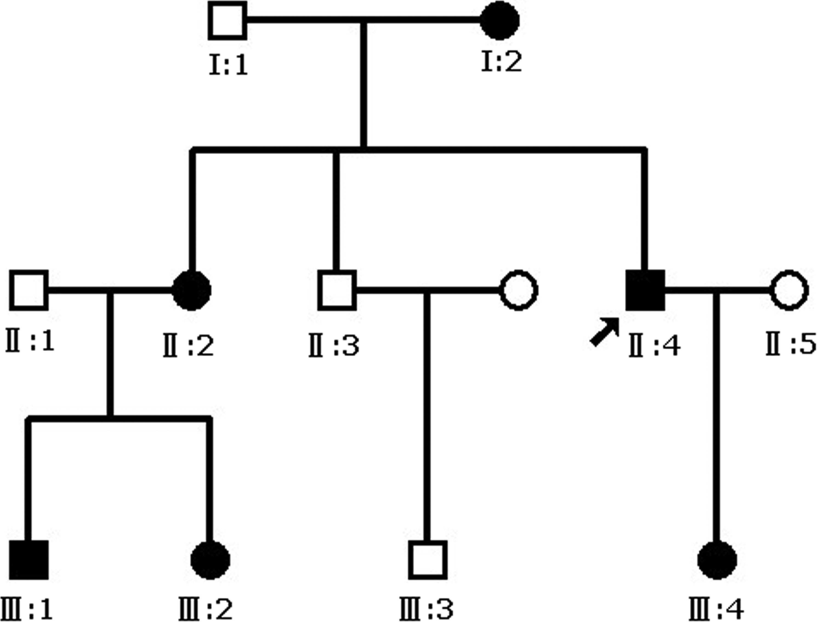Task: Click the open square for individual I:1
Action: click(x=227, y=20)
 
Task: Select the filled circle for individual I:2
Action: click(x=500, y=20)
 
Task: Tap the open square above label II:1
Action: click(x=29, y=290)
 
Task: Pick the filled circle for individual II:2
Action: click(x=192, y=290)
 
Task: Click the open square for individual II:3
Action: click(x=337, y=290)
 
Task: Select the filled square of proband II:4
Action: click(x=645, y=290)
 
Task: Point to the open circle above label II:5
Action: click(x=789, y=290)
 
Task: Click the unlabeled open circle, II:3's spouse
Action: click(x=518, y=290)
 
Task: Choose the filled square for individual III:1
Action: click(x=29, y=560)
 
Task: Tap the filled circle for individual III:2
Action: click(x=210, y=560)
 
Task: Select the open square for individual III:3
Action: click(x=428, y=560)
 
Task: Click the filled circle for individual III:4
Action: click(x=717, y=560)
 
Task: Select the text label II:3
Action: click(x=334, y=345)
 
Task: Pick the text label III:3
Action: click(x=426, y=609)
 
